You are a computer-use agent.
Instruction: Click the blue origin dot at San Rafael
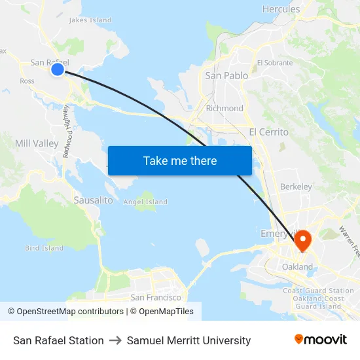[x=58, y=69]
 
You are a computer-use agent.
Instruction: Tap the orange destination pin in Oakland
[x=302, y=242]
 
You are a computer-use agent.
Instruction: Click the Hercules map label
[x=281, y=9]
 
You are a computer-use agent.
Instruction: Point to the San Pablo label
[x=226, y=75]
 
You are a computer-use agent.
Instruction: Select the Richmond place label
[x=225, y=108]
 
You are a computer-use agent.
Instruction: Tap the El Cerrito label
[x=268, y=132]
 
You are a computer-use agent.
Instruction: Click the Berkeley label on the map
[x=296, y=187]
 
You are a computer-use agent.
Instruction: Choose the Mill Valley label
[x=37, y=143]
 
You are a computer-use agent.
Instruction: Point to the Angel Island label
[x=145, y=202]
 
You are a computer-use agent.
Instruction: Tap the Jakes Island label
[x=90, y=20]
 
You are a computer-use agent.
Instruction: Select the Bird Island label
[x=44, y=248]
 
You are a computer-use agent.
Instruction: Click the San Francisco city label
[x=156, y=297]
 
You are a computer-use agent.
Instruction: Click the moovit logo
[x=321, y=340]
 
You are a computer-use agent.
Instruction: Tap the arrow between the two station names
[x=115, y=340]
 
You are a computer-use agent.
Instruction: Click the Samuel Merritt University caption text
[x=189, y=340]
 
